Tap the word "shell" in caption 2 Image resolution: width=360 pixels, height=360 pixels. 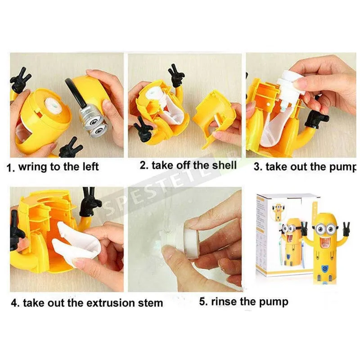click(x=224, y=165)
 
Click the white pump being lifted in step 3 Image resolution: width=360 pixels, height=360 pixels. click(x=290, y=87)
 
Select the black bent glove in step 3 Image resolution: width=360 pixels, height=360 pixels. click(x=317, y=119)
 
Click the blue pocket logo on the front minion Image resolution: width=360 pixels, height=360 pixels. click(x=324, y=267)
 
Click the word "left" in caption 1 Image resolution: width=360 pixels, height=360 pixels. click(x=90, y=166)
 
